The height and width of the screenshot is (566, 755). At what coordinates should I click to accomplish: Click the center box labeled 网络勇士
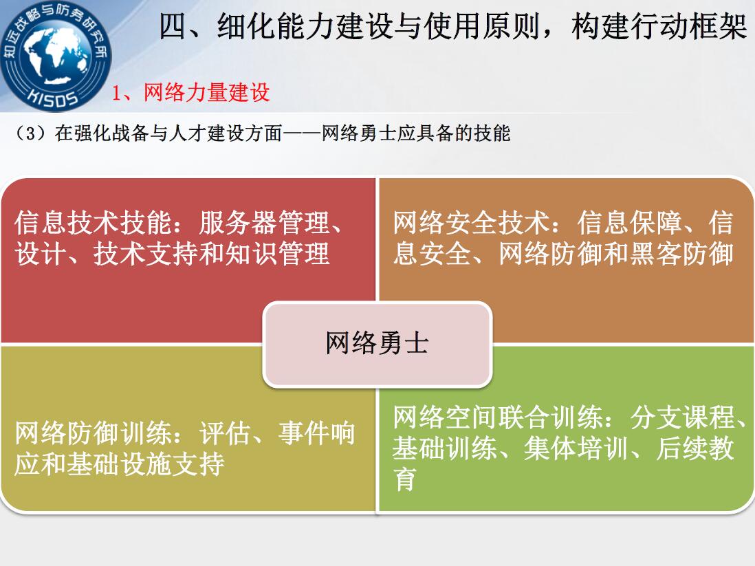coord(377,344)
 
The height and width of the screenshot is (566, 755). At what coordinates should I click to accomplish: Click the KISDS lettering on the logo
coord(53,96)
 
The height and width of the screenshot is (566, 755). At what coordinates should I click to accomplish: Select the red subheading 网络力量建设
coord(207,92)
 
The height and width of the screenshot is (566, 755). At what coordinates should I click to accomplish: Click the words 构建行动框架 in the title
coord(659,27)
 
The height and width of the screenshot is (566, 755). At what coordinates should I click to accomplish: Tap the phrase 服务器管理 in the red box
coord(264,223)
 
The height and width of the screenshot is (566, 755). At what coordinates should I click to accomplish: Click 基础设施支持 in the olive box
coord(146,464)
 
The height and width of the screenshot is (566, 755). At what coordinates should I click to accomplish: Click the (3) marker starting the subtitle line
coord(31,133)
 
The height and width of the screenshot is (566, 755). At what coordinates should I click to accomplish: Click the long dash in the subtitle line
coord(302,133)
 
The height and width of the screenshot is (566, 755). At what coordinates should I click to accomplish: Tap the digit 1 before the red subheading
coord(116,92)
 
